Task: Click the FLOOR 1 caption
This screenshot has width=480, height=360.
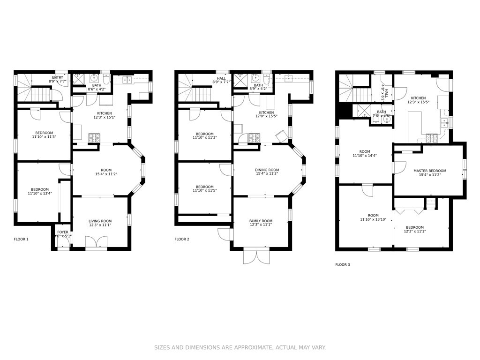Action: tap(21, 239)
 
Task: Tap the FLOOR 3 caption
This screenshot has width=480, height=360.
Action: tap(342, 264)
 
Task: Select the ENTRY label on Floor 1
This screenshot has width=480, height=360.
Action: tap(58, 77)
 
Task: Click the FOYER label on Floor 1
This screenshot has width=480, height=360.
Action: tap(63, 232)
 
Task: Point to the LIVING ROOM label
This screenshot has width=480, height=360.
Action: tap(100, 221)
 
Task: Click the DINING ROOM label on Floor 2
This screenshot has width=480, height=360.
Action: tap(267, 170)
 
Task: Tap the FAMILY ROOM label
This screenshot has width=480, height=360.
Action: tap(261, 221)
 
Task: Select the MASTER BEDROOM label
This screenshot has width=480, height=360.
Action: tap(429, 171)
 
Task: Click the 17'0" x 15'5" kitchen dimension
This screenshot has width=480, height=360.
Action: tap(266, 116)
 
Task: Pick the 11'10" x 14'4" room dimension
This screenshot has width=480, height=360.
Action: tap(365, 156)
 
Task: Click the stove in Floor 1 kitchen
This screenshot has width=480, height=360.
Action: tap(94, 138)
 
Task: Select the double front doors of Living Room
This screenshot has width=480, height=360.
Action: tap(96, 242)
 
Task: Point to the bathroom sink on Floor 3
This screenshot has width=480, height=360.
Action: tap(386, 119)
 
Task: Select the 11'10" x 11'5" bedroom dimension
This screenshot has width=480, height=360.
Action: tap(204, 190)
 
